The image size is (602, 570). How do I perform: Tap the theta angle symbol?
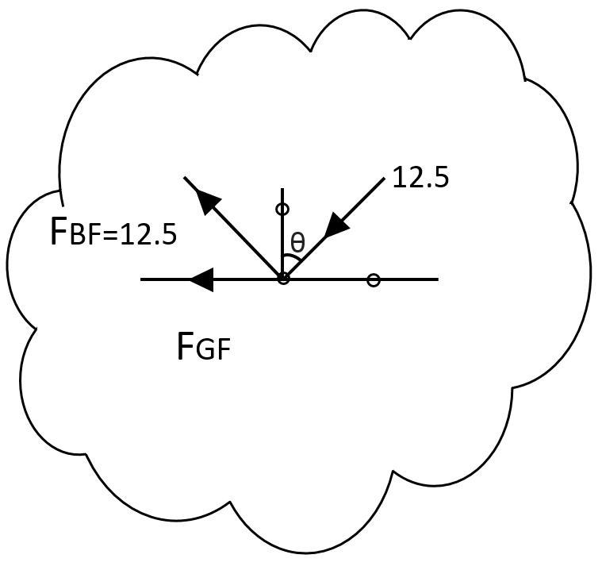[x=297, y=243]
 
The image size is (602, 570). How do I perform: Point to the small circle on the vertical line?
[x=282, y=209]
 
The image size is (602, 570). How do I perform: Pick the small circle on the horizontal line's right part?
[x=374, y=279]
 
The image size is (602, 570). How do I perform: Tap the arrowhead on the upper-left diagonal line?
[x=208, y=202]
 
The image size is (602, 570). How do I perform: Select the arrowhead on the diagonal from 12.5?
[x=337, y=225]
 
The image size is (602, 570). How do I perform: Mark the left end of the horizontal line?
[x=141, y=279]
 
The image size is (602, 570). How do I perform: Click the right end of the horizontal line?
[x=438, y=279]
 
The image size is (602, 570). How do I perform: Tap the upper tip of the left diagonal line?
[x=185, y=177]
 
